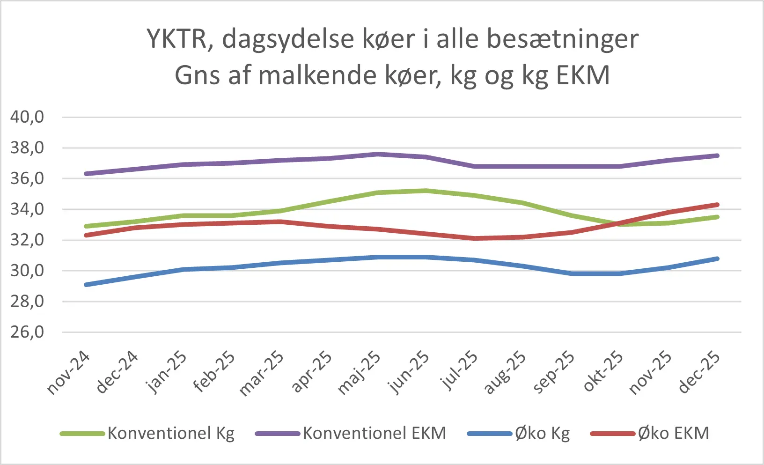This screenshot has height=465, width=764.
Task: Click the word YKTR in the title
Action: coord(176,39)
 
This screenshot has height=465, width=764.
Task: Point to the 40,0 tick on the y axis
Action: coord(27,117)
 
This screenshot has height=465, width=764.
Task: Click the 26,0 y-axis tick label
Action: coord(27,332)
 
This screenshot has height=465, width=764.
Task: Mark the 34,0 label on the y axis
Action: coord(27,209)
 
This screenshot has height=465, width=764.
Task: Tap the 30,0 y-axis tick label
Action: coord(27,271)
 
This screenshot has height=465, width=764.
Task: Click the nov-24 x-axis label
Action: coord(69,373)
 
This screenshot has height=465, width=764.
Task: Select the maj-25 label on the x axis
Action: coord(359,373)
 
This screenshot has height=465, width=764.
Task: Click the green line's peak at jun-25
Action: coord(426,191)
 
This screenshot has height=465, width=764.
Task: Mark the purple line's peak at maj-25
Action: coord(377,154)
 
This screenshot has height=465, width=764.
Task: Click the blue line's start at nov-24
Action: coord(87,285)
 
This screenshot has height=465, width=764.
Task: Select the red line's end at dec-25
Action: coord(717,205)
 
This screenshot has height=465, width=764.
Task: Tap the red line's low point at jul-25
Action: coord(475,238)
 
